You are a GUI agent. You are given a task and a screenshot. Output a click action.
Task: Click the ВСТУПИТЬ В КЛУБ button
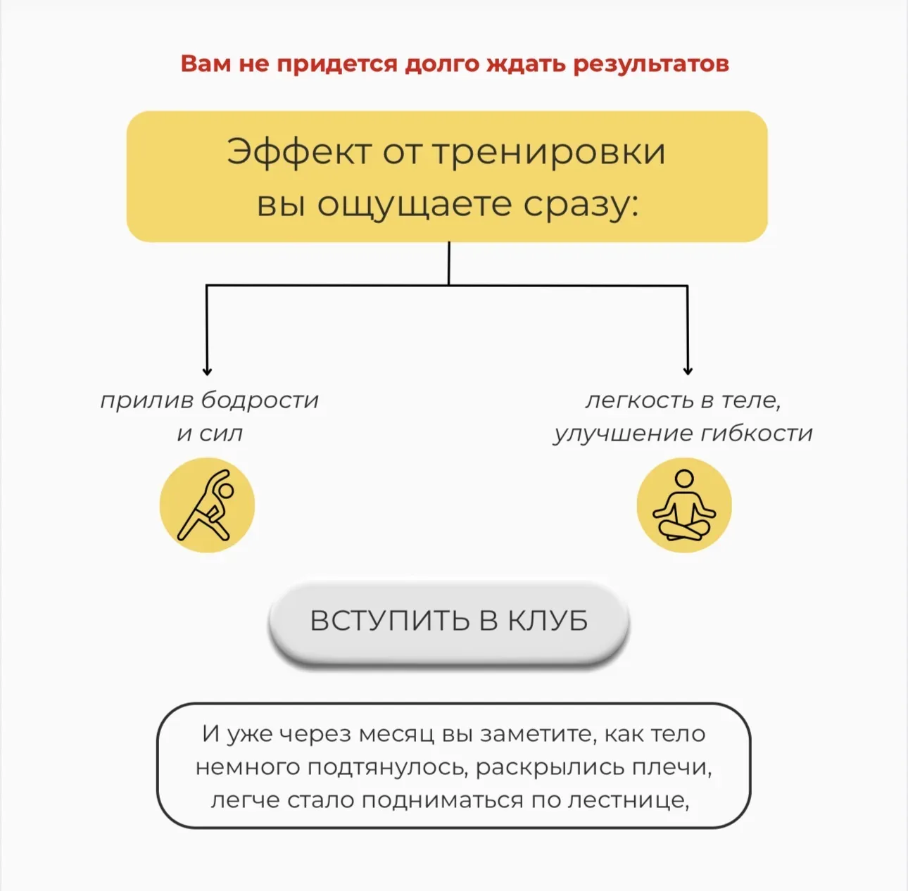pos(448,621)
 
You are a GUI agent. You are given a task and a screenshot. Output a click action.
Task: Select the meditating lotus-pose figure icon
pos(684,505)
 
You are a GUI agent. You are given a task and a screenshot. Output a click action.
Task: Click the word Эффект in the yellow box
pos(298,152)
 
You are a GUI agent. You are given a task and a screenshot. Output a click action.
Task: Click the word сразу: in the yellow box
pos(581,206)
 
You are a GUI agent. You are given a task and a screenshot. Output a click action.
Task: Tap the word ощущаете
pos(414,206)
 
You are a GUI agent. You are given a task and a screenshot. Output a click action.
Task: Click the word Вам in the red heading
pos(205,63)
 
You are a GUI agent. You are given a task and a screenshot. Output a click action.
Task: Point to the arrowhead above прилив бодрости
pos(207,372)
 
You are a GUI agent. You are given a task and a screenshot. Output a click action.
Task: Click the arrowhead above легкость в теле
pos(688,372)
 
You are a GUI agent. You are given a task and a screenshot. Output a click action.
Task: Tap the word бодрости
pos(260,400)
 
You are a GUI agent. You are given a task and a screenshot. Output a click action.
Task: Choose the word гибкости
pos(757,434)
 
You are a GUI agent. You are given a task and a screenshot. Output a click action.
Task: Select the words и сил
pos(210,434)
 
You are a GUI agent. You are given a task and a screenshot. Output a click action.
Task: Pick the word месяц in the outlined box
pos(396,733)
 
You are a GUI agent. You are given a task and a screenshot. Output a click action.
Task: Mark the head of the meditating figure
pos(684,479)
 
